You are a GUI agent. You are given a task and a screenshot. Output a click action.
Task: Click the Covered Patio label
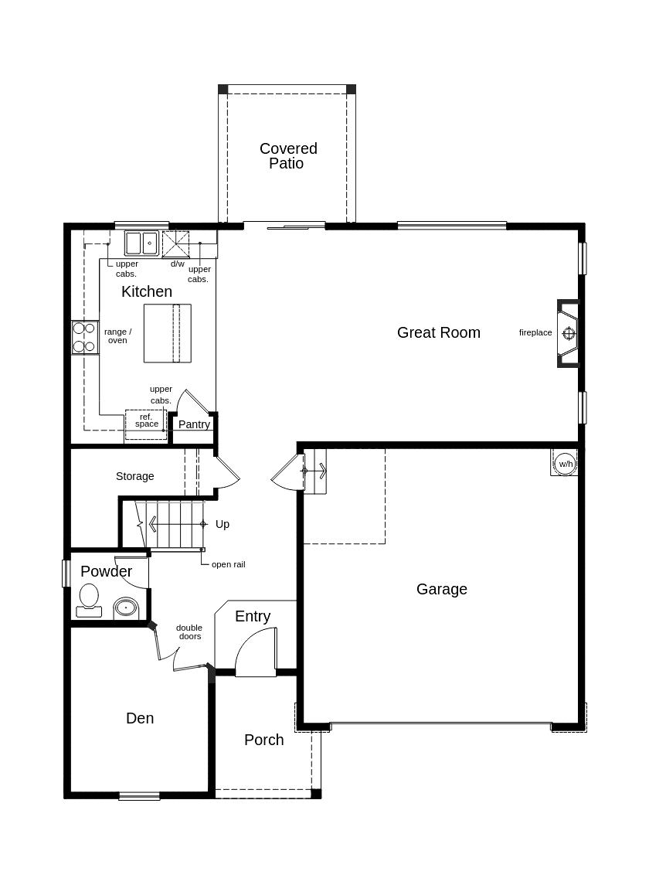pyautogui.click(x=288, y=156)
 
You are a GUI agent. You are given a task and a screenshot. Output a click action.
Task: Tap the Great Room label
pyautogui.click(x=439, y=332)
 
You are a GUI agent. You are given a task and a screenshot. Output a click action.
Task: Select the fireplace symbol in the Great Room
pyautogui.click(x=569, y=333)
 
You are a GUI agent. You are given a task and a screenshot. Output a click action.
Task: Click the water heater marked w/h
pyautogui.click(x=564, y=464)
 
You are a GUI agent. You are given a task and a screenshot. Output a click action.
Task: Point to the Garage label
pyautogui.click(x=441, y=589)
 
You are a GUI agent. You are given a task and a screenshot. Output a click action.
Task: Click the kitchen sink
pyautogui.click(x=141, y=243)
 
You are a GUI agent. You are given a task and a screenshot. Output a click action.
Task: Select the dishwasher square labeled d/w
pyautogui.click(x=176, y=243)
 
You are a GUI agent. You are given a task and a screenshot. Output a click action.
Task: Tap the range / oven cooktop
pyautogui.click(x=85, y=337)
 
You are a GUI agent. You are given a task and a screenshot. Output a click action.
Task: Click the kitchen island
pyautogui.click(x=168, y=333)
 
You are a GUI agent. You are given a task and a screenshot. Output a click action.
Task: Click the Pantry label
pyautogui.click(x=194, y=424)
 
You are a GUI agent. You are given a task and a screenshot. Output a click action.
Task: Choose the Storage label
pyautogui.click(x=135, y=476)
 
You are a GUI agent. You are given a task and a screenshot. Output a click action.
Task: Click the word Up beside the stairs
pyautogui.click(x=223, y=524)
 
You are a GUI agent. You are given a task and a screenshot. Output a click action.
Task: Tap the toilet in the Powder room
pyautogui.click(x=89, y=601)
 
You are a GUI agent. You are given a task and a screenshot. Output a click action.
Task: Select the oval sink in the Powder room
pyautogui.click(x=126, y=608)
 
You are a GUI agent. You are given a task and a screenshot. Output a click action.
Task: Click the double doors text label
pyautogui.click(x=189, y=632)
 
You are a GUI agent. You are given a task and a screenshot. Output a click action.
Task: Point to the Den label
pyautogui.click(x=140, y=718)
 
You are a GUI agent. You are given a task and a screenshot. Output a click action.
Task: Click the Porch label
pyautogui.click(x=264, y=740)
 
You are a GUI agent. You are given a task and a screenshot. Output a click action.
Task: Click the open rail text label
pyautogui.click(x=229, y=564)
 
